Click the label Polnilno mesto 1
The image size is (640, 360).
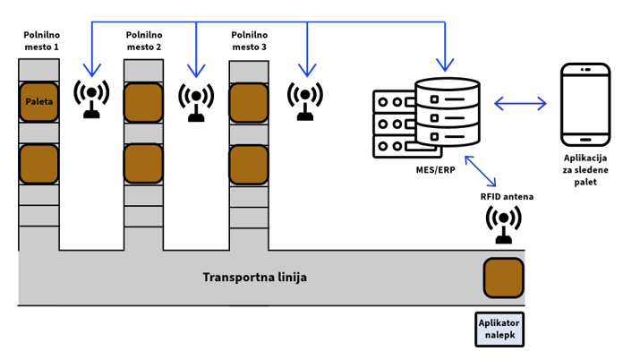(40, 39)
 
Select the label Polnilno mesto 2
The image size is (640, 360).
(144, 39)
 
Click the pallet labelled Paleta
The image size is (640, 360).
(39, 102)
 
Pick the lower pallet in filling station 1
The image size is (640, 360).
(39, 164)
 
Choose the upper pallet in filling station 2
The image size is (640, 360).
(143, 102)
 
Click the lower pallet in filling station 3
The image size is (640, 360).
(249, 164)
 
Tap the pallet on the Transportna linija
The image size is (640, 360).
(503, 278)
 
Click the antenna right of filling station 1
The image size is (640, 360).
(91, 99)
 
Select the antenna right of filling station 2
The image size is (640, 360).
(196, 100)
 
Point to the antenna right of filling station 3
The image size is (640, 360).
(305, 99)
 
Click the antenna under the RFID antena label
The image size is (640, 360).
(504, 225)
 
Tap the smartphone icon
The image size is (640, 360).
(585, 105)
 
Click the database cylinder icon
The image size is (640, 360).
(448, 112)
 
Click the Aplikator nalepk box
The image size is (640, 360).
(499, 329)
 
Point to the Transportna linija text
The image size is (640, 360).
(255, 278)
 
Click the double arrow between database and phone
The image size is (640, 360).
(520, 104)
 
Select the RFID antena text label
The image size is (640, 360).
(505, 196)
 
